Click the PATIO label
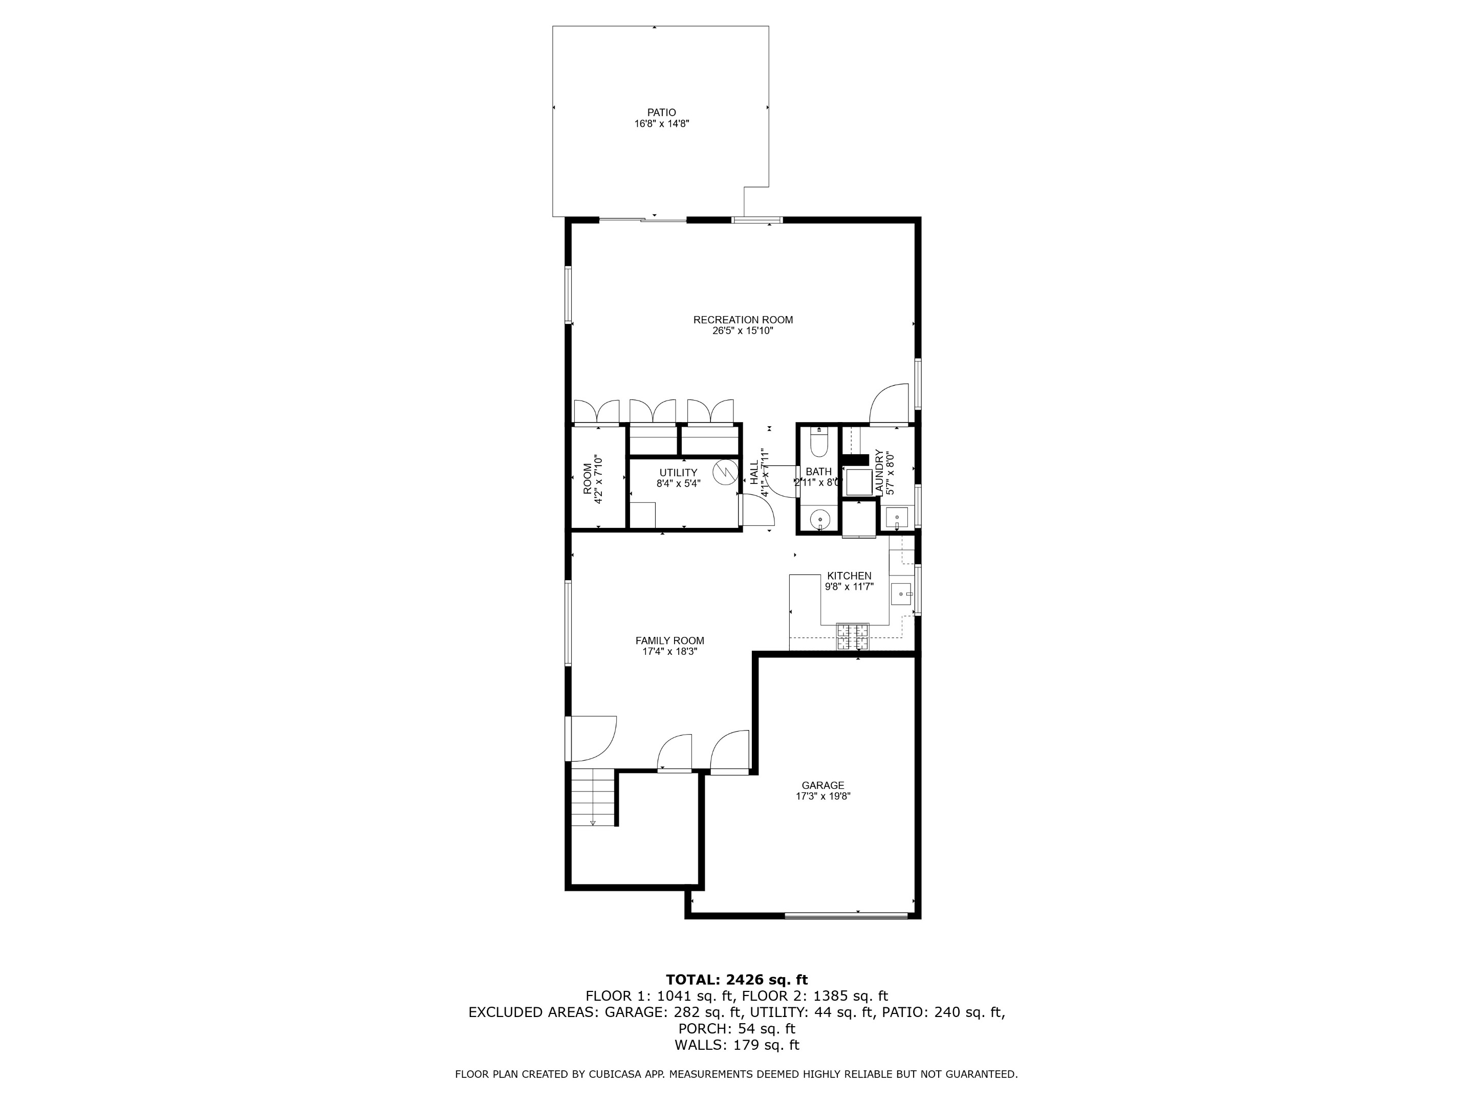point(661,113)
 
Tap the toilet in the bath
point(818,443)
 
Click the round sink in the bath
point(819,518)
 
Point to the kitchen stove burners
point(853,636)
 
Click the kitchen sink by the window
point(901,592)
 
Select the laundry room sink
point(897,517)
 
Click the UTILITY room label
point(678,473)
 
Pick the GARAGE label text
point(823,785)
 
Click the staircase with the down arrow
point(592,797)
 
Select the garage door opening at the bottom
point(847,916)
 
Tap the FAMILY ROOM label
point(669,641)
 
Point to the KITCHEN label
point(849,576)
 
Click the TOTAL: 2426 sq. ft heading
point(736,980)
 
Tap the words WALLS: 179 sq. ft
point(736,1045)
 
